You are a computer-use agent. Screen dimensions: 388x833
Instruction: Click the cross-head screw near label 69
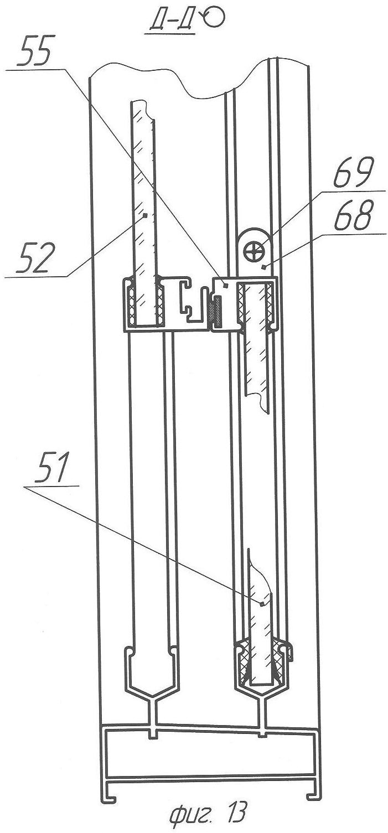click(x=254, y=252)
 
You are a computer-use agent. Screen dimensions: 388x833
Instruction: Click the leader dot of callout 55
click(x=225, y=285)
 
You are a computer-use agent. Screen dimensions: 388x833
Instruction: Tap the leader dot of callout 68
click(x=263, y=266)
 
